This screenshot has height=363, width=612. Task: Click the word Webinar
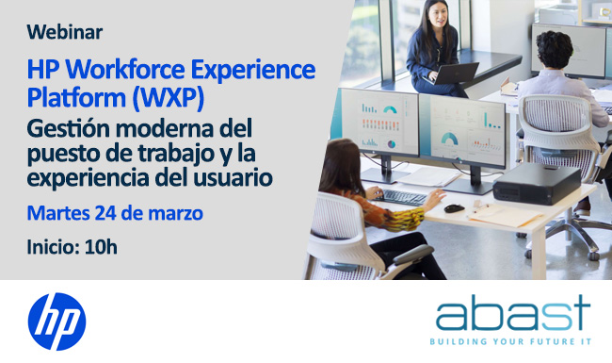pyautogui.click(x=65, y=32)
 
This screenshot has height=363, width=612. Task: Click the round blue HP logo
pyautogui.click(x=56, y=321)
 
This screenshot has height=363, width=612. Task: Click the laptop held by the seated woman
pyautogui.click(x=458, y=74)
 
